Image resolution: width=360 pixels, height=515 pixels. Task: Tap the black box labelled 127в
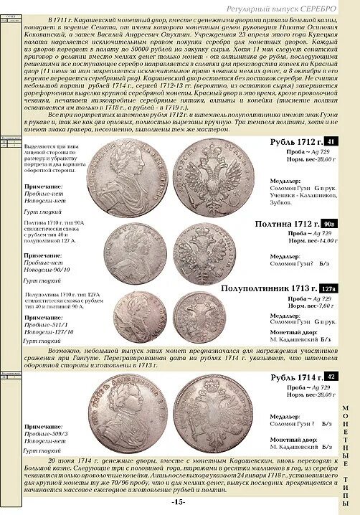pyautogui.click(x=327, y=288)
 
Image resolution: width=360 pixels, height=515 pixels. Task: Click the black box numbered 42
pyautogui.click(x=331, y=377)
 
